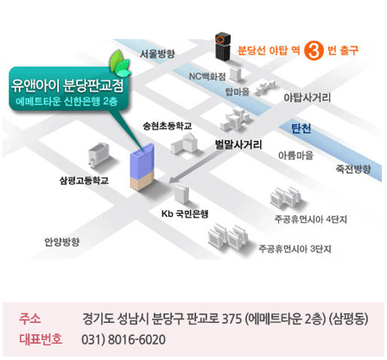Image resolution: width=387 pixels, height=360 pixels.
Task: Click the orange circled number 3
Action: click(x=314, y=50)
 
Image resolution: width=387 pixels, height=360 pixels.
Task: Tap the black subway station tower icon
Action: click(x=223, y=47)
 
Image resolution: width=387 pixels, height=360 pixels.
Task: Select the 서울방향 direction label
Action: click(x=157, y=54)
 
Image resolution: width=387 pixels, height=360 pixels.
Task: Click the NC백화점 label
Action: click(x=207, y=76)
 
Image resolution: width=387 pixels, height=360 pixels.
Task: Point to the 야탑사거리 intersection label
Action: click(x=308, y=98)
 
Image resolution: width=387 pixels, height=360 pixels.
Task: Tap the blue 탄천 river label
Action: click(x=301, y=129)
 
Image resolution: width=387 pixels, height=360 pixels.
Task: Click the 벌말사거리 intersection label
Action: click(x=238, y=144)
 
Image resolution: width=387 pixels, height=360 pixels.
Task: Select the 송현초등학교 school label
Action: click(x=167, y=126)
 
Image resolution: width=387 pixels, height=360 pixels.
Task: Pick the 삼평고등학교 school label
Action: click(x=84, y=180)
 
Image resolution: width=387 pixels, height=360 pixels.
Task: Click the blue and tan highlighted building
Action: click(x=143, y=167)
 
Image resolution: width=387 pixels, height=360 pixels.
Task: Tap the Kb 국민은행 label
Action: click(x=185, y=214)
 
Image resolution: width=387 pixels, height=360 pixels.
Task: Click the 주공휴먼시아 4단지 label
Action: click(x=310, y=219)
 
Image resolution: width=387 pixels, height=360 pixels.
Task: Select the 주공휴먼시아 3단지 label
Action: click(x=295, y=249)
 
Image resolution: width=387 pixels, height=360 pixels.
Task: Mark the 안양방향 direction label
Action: click(x=62, y=242)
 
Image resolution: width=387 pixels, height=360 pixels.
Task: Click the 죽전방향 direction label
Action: click(x=353, y=168)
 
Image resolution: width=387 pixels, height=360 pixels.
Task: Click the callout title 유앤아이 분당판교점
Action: click(x=67, y=85)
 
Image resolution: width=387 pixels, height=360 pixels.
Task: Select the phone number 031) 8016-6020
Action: click(x=124, y=339)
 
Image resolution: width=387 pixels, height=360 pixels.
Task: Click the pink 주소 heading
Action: click(x=30, y=319)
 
